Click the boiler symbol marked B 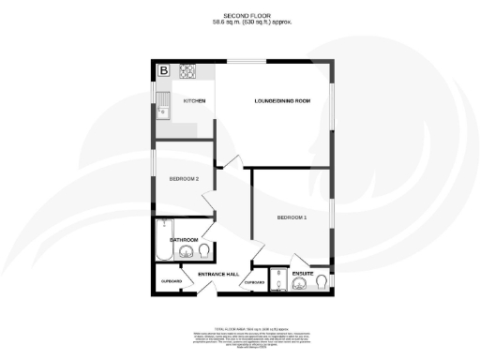(163, 70)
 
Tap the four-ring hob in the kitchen (187, 70)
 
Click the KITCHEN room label (194, 99)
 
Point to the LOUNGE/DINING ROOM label (282, 99)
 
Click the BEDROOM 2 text (184, 177)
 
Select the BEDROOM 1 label (292, 217)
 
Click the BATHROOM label (184, 239)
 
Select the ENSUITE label (302, 274)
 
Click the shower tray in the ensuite (278, 280)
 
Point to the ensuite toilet (322, 280)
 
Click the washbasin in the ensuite (301, 285)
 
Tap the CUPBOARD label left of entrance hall (171, 281)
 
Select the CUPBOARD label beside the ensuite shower (254, 281)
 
